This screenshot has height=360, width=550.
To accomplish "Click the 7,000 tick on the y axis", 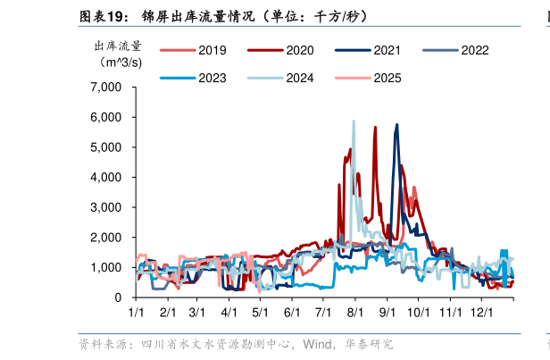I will click(107, 88).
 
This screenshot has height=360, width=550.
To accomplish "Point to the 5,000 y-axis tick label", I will click(107, 147).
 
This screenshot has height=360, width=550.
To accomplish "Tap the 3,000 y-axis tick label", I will click(107, 207).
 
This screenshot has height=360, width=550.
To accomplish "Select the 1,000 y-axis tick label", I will click(107, 267).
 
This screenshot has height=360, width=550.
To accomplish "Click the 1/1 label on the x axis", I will click(137, 313).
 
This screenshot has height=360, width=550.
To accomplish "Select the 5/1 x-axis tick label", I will click(261, 313).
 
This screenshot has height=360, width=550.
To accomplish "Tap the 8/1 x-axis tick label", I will click(355, 313).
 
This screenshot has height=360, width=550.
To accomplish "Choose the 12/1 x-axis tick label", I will click(482, 313).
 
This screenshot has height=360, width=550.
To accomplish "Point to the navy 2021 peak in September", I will click(396, 126).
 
